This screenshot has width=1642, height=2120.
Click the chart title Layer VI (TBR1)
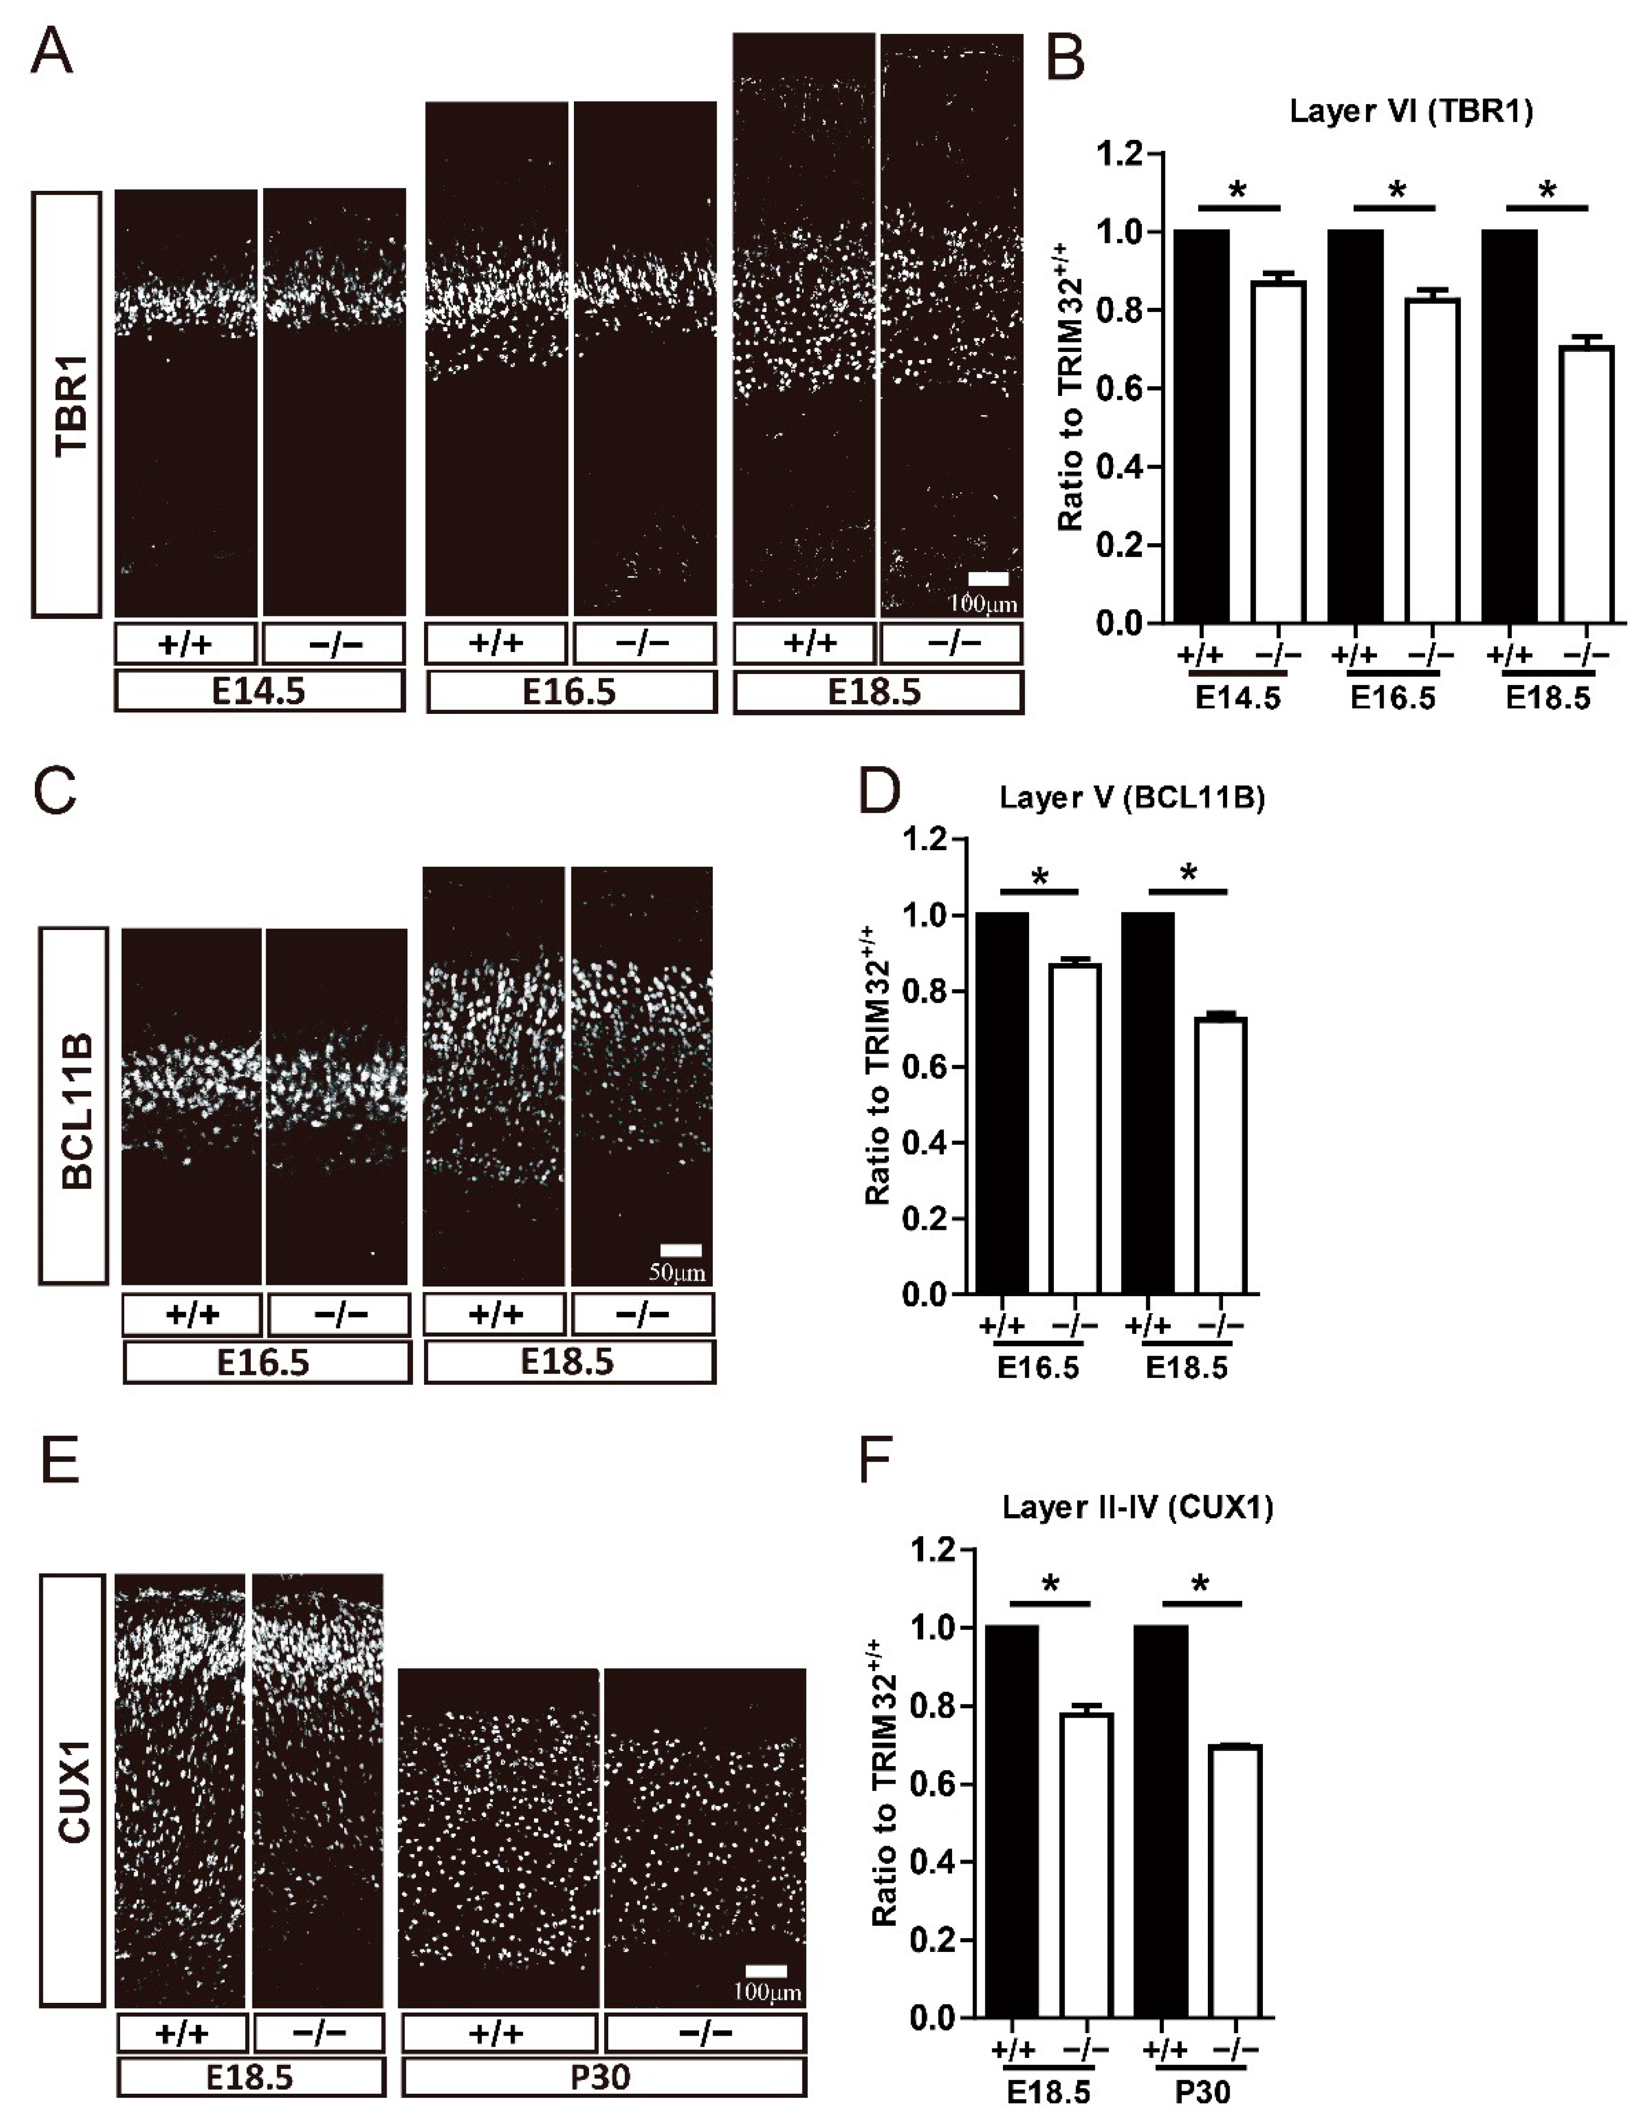(x=1410, y=112)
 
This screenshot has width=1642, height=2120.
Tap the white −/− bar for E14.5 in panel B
(x=1277, y=451)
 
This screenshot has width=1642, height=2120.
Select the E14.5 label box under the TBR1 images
(x=260, y=693)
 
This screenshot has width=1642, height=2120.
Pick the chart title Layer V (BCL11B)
(x=1133, y=798)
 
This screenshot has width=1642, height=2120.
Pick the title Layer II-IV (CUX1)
(x=1137, y=1508)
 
